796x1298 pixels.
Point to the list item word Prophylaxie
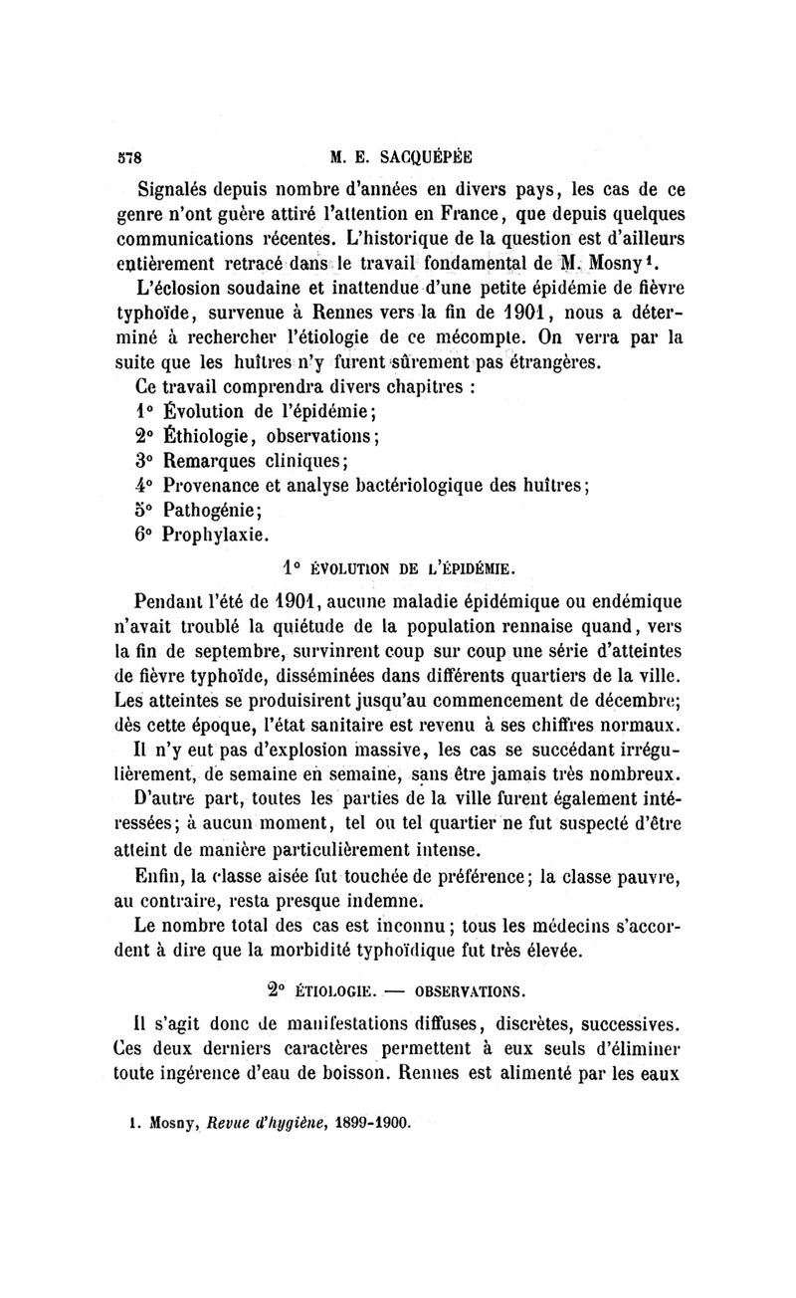pos(216,535)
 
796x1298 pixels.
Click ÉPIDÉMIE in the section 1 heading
pos(477,568)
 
